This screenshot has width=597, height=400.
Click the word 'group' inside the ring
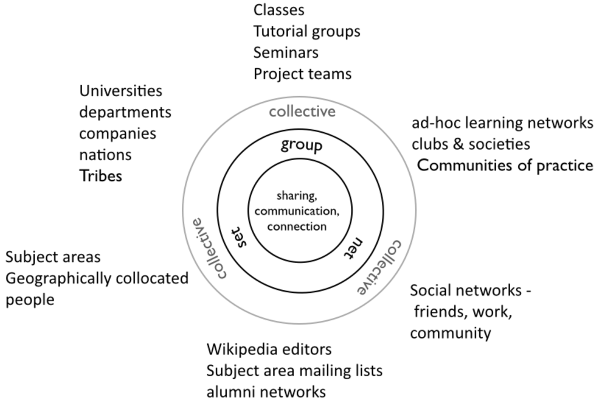(301, 144)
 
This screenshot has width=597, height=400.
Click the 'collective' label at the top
(302, 111)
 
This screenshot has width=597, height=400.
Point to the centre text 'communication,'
(296, 210)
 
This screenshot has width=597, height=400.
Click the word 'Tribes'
(100, 176)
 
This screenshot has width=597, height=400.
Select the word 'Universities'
(120, 91)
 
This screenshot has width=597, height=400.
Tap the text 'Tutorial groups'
(307, 31)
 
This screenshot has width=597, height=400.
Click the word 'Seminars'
(286, 52)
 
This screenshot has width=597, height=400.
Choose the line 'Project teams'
(302, 74)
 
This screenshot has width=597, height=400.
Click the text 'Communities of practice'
(505, 165)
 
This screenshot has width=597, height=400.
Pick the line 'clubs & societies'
(470, 144)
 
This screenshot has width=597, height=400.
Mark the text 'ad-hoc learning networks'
(502, 123)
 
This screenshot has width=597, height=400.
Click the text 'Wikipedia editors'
(269, 349)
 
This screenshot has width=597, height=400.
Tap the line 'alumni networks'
(266, 391)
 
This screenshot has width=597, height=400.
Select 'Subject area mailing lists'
(294, 370)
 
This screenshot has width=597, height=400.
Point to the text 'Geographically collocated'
(97, 278)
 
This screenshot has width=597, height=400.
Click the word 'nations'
(105, 155)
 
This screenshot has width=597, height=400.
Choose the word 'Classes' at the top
(279, 10)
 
